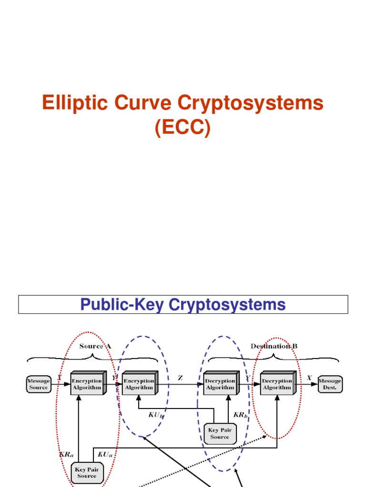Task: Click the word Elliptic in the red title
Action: point(71,103)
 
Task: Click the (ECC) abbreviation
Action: point(183,128)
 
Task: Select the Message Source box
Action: point(39,384)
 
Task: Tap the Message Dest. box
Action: point(330,384)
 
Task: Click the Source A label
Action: point(95,346)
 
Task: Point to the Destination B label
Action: point(274,346)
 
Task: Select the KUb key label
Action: point(156,415)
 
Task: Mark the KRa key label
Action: point(66,455)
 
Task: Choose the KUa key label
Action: point(105,455)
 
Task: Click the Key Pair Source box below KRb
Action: point(219,433)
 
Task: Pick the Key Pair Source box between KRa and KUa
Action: point(86,472)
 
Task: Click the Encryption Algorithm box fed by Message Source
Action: point(87,383)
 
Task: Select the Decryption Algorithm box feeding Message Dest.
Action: point(277,383)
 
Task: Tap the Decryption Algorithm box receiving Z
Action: point(220,383)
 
